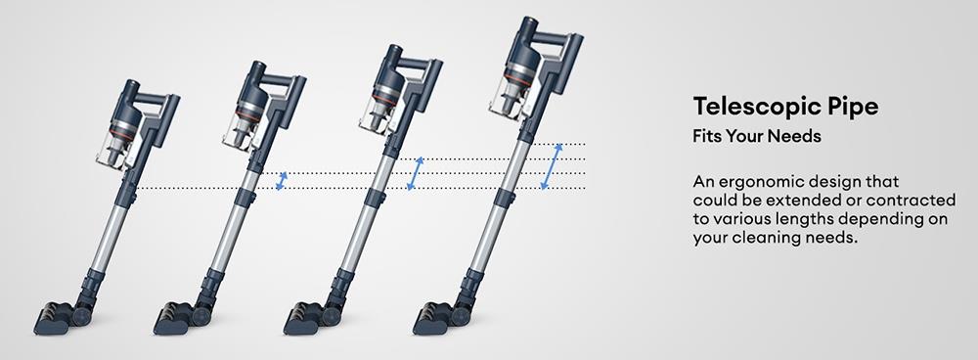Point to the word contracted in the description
[899, 202]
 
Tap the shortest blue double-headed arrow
[283, 181]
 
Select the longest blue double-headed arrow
[553, 165]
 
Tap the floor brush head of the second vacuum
[182, 316]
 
